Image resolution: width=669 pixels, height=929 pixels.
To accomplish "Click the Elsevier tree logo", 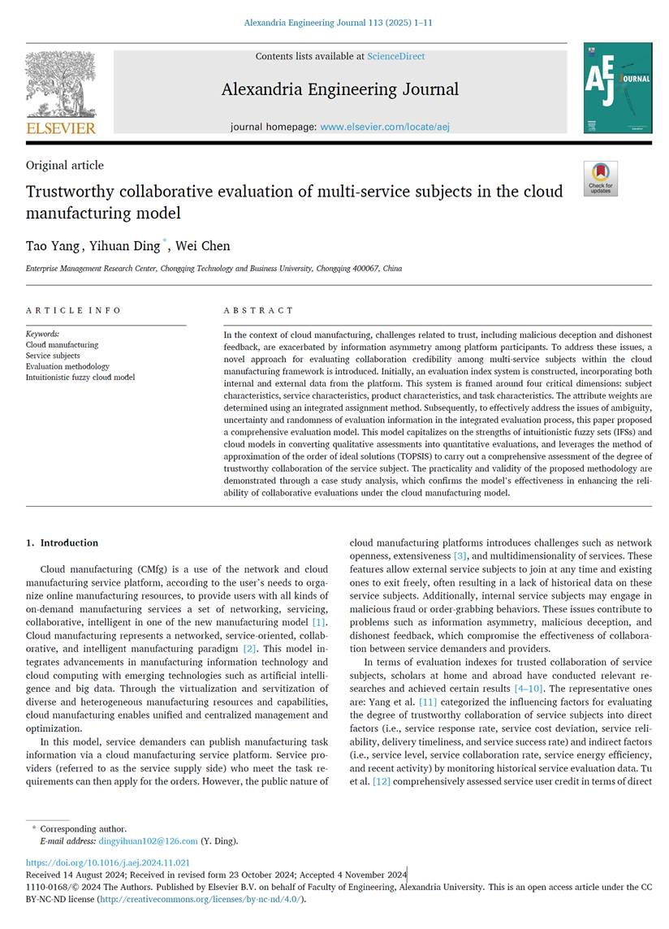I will point(61,91).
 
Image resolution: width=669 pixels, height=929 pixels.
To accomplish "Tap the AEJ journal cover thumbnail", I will point(617,88).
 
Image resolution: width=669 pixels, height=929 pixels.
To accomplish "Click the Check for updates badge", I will point(600,178).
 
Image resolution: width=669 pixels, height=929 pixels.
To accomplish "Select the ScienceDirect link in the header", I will point(395,56).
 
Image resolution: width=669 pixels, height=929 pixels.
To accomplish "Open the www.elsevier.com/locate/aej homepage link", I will point(385,127).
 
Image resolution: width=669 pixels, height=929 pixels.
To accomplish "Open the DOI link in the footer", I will point(108,862).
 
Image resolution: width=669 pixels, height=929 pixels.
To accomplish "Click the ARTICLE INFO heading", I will point(73,310).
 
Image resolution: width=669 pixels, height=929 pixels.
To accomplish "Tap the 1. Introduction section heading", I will point(62,542).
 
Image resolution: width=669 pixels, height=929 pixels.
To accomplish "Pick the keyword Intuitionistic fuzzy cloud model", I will point(80,377).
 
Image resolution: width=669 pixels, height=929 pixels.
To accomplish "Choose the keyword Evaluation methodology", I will point(67,366).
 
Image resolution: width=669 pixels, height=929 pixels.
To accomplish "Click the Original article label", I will point(65,165).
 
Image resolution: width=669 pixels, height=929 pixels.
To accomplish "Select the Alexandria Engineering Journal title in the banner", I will point(339,89).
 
